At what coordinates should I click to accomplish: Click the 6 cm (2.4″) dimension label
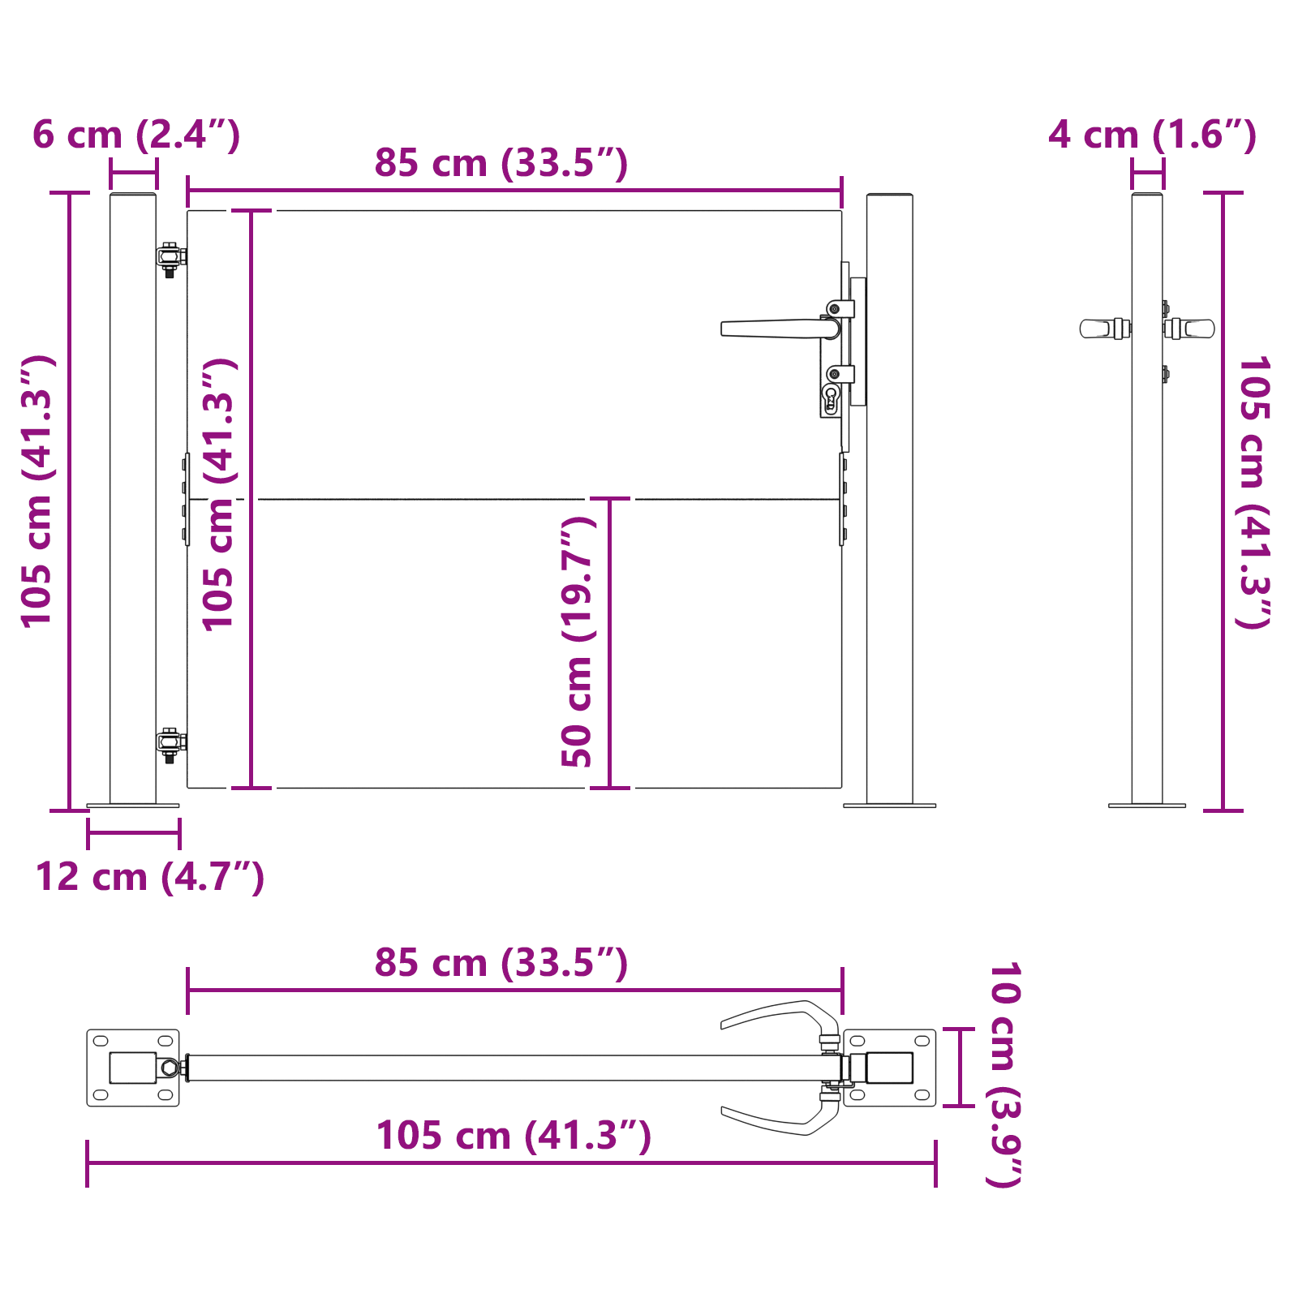pyautogui.click(x=136, y=135)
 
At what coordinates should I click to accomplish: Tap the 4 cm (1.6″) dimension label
pyautogui.click(x=1152, y=135)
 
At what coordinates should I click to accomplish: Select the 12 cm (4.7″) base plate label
pyautogui.click(x=150, y=877)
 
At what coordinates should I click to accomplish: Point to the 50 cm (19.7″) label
pyautogui.click(x=578, y=641)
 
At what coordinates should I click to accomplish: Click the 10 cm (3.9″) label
pyautogui.click(x=1004, y=1074)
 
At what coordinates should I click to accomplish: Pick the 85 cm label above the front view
pyautogui.click(x=501, y=163)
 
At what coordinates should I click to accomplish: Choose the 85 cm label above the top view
pyautogui.click(x=501, y=963)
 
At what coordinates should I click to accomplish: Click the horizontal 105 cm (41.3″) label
pyautogui.click(x=513, y=1135)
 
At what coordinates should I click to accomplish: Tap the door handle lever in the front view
pyautogui.click(x=771, y=329)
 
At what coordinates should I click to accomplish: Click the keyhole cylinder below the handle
pyautogui.click(x=830, y=398)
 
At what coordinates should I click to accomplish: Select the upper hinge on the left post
pyautogui.click(x=170, y=257)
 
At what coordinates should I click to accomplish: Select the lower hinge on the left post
pyautogui.click(x=170, y=742)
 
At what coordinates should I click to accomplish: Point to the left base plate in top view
pyautogui.click(x=132, y=1068)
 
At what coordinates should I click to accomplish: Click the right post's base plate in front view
pyautogui.click(x=889, y=806)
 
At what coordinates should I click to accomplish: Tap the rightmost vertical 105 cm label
pyautogui.click(x=1252, y=492)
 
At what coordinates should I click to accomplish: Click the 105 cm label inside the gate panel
pyautogui.click(x=218, y=495)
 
